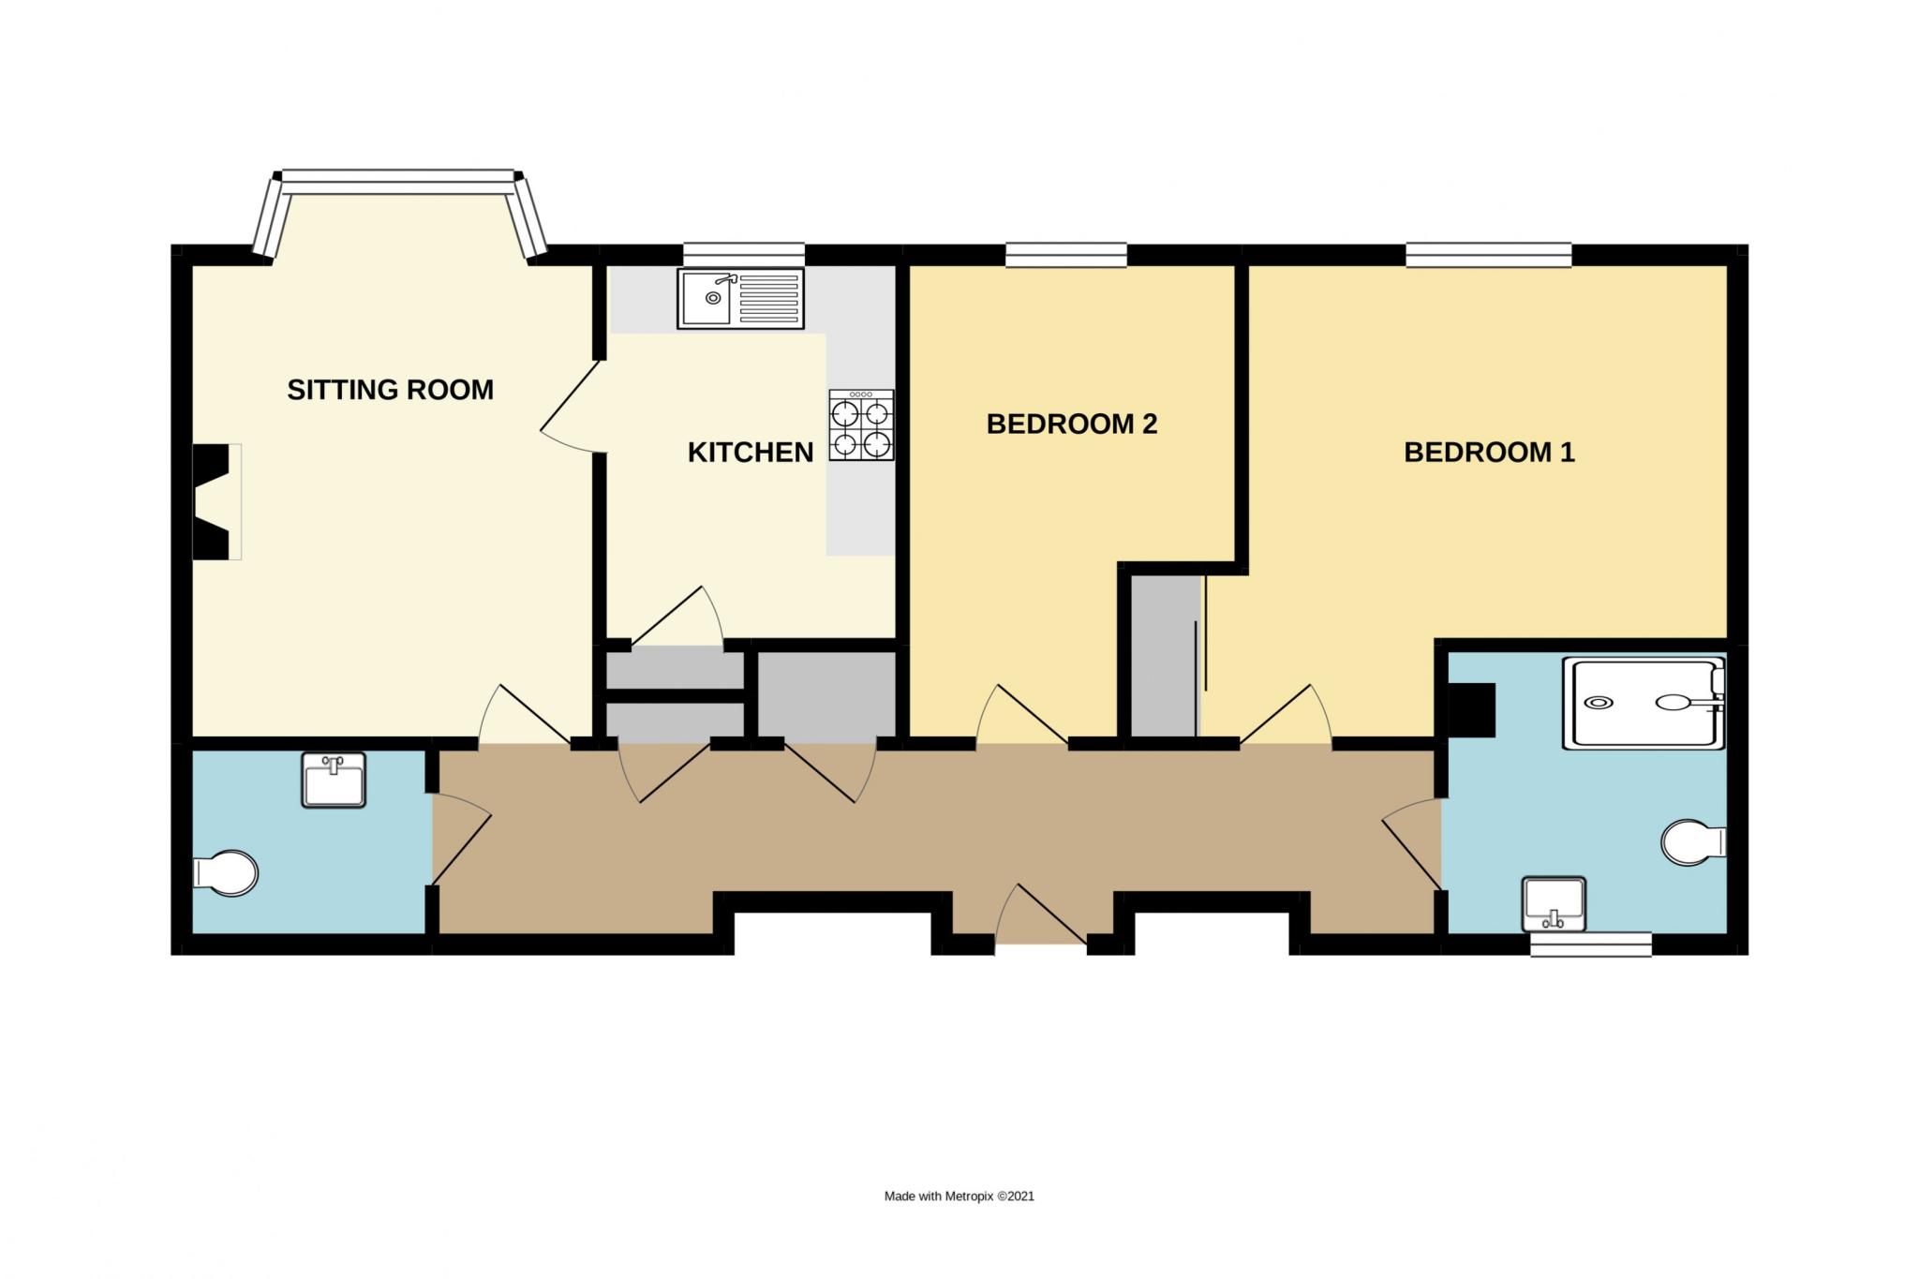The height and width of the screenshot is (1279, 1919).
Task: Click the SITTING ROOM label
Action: pyautogui.click(x=390, y=390)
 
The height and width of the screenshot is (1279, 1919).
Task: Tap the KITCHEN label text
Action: pyautogui.click(x=751, y=453)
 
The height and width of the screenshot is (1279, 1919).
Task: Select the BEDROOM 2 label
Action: pyautogui.click(x=1072, y=424)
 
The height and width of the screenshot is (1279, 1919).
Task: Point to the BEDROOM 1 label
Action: pyautogui.click(x=1489, y=453)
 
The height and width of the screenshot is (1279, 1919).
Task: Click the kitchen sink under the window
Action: pyautogui.click(x=740, y=298)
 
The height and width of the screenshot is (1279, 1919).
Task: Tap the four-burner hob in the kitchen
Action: pyautogui.click(x=861, y=424)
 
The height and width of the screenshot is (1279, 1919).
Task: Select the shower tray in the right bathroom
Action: pyautogui.click(x=1644, y=704)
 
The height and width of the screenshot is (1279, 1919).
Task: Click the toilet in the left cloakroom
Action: pyautogui.click(x=225, y=873)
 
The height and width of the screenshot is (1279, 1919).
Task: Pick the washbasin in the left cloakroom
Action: pyautogui.click(x=334, y=780)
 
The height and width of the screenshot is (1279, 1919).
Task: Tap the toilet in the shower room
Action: pyautogui.click(x=1693, y=842)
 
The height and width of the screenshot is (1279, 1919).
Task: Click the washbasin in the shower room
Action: pyautogui.click(x=1554, y=904)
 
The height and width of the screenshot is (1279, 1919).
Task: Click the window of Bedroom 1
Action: pyautogui.click(x=1488, y=254)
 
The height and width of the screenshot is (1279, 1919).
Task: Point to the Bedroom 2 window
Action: pyautogui.click(x=1066, y=254)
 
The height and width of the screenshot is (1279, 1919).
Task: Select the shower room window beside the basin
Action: pyautogui.click(x=1590, y=944)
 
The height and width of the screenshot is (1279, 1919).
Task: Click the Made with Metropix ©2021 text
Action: pyautogui.click(x=959, y=1196)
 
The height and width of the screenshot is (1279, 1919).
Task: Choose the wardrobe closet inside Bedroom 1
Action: pyautogui.click(x=1165, y=656)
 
